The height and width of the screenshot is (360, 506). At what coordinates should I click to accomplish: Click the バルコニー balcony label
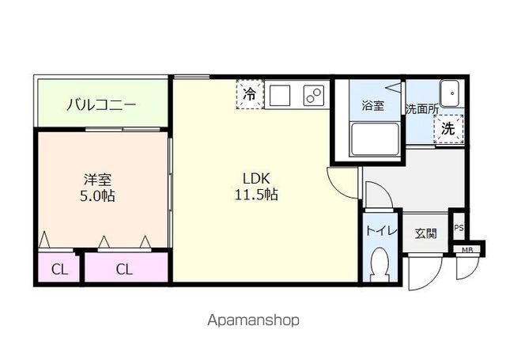pos(101,104)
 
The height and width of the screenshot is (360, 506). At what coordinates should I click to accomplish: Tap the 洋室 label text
pos(98,178)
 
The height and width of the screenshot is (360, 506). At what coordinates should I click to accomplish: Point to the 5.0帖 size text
pos(97,195)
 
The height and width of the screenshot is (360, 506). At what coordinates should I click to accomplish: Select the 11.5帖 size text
pos(259,194)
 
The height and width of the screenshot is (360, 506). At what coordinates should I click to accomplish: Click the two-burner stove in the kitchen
pos(313,96)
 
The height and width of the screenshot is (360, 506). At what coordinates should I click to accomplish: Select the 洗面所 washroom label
pos(421,109)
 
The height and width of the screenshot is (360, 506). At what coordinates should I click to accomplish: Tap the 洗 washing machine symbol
pos(448,129)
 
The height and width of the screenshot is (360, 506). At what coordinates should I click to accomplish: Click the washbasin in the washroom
pos(451,93)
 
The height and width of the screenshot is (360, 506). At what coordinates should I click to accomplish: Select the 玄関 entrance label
pos(425,234)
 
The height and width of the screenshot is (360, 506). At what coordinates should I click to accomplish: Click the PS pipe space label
pos(459,229)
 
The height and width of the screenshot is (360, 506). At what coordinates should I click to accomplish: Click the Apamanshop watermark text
pos(253,320)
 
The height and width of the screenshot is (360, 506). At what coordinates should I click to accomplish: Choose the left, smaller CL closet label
pos(59,269)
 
